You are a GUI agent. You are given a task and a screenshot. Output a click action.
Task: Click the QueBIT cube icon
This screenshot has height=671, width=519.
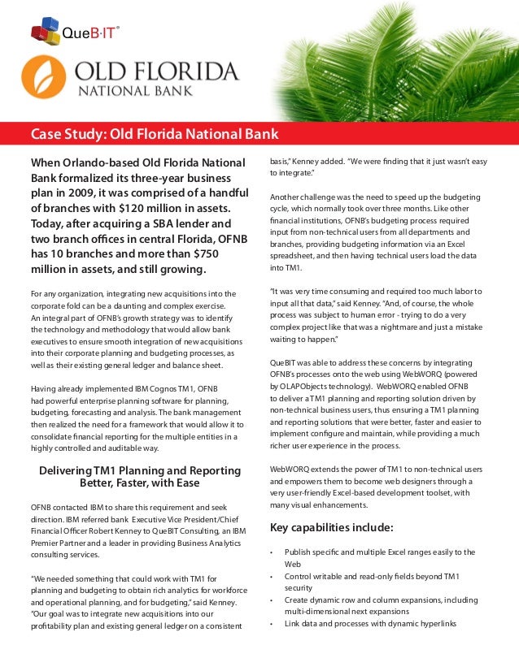(45, 32)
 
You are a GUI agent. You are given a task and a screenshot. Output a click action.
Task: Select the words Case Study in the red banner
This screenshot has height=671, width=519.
(68, 134)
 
